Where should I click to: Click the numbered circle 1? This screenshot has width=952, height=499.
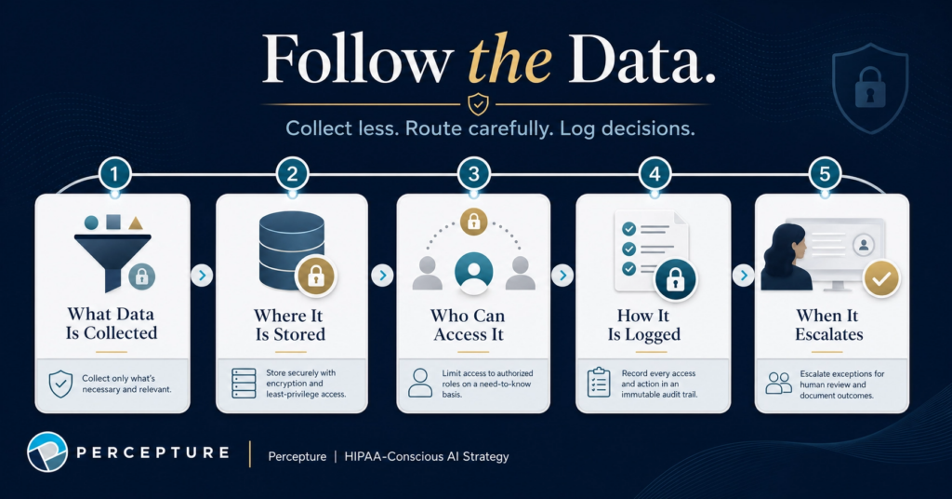coord(114,174)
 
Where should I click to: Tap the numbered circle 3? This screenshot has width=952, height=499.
coord(473,174)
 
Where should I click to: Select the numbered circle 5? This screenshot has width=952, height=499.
coord(825,174)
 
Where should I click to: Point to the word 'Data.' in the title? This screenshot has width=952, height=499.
coord(641,60)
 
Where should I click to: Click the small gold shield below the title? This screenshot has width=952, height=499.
coord(479,104)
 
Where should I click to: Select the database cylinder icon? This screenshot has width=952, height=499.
coord(291,249)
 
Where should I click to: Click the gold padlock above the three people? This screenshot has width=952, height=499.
coord(473,222)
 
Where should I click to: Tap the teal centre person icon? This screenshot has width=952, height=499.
coord(473,271)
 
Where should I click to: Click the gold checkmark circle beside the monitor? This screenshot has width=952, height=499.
coord(881,279)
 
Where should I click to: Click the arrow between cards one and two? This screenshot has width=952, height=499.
coord(202,276)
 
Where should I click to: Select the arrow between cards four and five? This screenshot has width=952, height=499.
coord(743,276)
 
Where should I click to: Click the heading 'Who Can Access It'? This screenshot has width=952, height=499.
coord(469,325)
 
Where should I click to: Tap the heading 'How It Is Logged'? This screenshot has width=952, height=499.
coord(643,325)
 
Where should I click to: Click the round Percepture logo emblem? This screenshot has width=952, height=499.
coord(47,452)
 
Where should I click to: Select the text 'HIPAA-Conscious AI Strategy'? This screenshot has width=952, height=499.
coord(426,456)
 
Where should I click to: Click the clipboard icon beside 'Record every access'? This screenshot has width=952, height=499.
coord(599,383)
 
